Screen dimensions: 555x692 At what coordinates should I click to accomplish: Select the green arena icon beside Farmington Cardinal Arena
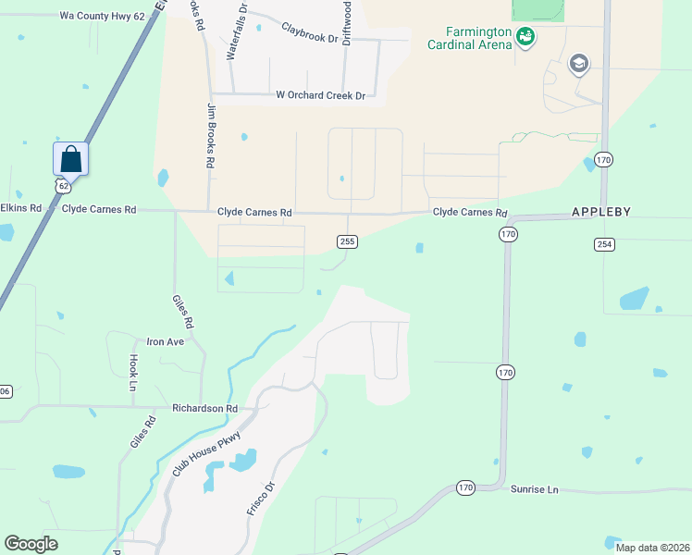(525, 36)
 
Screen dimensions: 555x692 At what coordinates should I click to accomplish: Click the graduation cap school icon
(579, 63)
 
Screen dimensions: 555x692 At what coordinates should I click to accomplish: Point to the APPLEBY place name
(600, 212)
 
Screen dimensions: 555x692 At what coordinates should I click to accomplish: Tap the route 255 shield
(347, 241)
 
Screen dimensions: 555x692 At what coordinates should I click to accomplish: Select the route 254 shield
(604, 243)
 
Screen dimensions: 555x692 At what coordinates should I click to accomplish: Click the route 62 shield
(63, 186)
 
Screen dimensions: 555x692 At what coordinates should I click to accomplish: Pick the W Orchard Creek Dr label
(321, 95)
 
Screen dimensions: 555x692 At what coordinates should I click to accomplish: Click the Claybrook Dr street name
(311, 30)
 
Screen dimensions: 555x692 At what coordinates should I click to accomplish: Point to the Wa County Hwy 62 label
(102, 16)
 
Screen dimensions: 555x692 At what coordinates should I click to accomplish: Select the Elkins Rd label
(21, 208)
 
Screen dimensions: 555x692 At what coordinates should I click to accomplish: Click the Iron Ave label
(166, 341)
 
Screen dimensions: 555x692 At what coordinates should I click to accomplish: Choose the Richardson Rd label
(204, 408)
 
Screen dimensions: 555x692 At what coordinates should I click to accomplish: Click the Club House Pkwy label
(206, 454)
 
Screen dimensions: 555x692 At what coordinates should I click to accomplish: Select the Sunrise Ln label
(535, 488)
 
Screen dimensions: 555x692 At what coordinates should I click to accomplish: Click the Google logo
(31, 543)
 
